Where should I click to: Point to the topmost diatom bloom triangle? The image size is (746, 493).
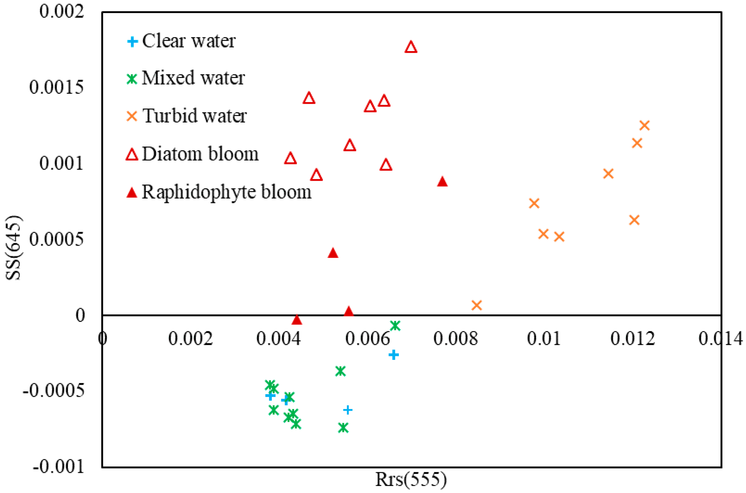click(x=411, y=47)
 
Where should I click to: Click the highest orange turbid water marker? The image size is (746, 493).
click(x=644, y=125)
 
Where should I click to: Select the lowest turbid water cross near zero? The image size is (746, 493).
click(x=476, y=305)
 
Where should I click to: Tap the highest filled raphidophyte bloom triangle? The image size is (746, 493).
click(x=442, y=182)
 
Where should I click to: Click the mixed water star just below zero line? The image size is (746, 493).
click(x=395, y=325)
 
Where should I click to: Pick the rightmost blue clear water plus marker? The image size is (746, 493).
click(x=393, y=355)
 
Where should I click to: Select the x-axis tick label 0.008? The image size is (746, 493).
click(x=455, y=338)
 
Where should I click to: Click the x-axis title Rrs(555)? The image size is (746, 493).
click(x=411, y=480)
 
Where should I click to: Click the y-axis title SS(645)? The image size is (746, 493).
click(x=13, y=248)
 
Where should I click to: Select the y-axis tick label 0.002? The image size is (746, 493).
click(x=61, y=11)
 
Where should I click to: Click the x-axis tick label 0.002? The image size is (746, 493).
click(x=190, y=338)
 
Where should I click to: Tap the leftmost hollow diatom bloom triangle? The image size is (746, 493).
click(x=290, y=158)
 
